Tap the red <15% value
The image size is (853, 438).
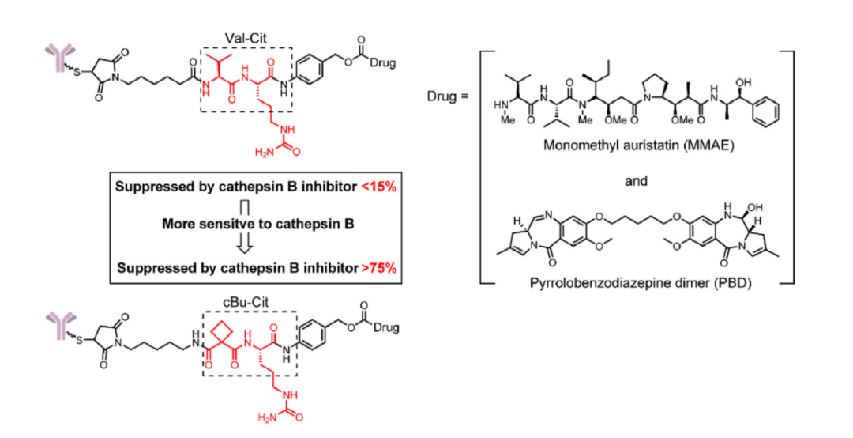point(381,187)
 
